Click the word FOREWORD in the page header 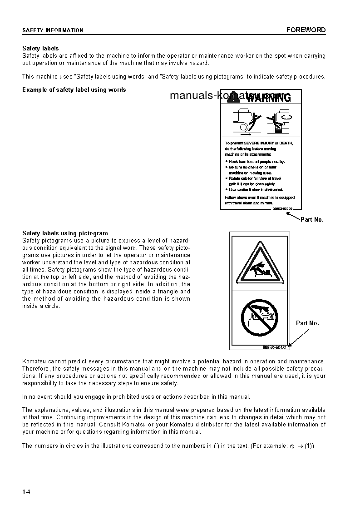tap(306, 30)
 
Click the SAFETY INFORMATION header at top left tap(53, 30)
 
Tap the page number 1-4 tap(26, 492)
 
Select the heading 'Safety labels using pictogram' tap(65, 233)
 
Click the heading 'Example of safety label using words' tap(74, 89)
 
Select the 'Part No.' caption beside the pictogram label tap(307, 323)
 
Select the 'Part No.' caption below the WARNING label tap(312, 220)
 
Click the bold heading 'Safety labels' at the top tap(40, 48)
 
